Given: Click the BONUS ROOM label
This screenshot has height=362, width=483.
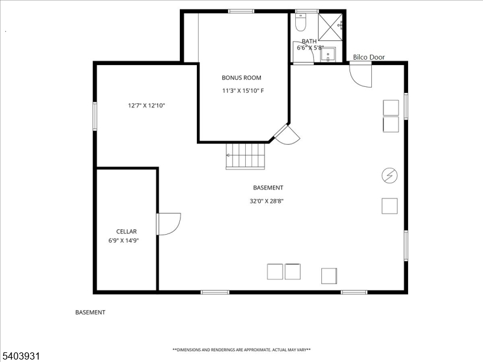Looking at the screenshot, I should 241,78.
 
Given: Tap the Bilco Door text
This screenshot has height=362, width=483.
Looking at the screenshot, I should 369,57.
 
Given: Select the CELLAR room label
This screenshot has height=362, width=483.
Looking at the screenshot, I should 127,231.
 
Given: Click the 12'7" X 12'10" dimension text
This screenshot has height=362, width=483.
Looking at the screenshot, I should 146,106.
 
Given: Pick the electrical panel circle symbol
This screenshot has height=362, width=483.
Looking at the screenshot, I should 390,175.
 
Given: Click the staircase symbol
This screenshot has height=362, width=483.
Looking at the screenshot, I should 246,155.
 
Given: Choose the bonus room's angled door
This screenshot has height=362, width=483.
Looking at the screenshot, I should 287,135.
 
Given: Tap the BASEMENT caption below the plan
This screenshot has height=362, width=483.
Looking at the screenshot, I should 90,313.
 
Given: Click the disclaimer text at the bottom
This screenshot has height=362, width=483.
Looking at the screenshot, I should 241,350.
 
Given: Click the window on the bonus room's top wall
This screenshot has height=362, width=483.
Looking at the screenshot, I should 241,11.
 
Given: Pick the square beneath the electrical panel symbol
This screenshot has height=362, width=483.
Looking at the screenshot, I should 389,205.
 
